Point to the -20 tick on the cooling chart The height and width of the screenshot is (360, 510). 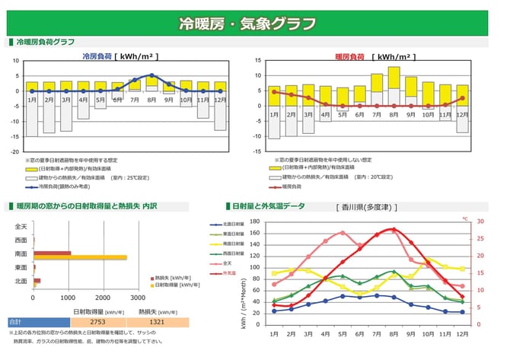[x=14, y=151]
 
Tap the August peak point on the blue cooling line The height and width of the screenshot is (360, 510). [x=152, y=75]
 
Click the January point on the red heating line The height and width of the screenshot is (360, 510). [x=274, y=91]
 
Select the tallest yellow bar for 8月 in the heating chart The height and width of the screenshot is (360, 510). [x=394, y=77]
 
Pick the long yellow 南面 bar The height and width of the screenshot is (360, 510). [x=80, y=257]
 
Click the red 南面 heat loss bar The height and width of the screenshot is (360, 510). [x=52, y=253]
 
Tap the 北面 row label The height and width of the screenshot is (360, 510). [x=21, y=282]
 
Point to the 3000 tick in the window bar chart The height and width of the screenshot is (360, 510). [x=138, y=298]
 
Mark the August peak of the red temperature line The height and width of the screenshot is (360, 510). [x=394, y=228]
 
